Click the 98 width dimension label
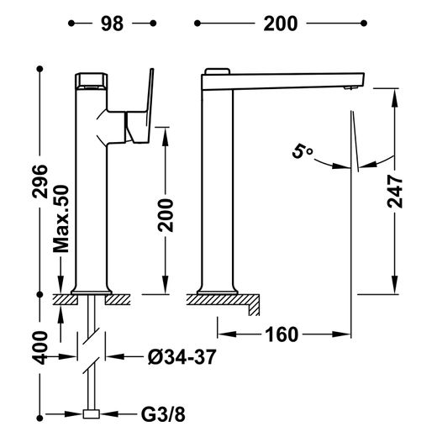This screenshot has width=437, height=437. pos(112,24)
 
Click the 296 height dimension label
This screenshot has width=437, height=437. pos(39,182)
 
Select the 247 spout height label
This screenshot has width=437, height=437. pos(394,192)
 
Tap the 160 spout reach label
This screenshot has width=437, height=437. pos(282,334)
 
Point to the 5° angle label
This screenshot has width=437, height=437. pos(302,152)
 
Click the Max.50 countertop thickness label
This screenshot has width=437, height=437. pos(61,218)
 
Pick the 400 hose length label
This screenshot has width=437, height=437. pos(39,348)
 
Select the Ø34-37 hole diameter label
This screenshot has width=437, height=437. pos(182,357)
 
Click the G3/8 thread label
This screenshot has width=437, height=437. pos(163,414)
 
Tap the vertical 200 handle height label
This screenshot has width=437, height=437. pos(166,215)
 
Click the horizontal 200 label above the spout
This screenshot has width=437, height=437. pos(281,24)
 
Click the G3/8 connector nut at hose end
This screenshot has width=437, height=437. pos(92,414)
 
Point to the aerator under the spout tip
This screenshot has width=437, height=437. pos(350,88)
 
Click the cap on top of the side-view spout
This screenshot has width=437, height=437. pos(218,71)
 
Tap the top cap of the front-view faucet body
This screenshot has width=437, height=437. pos(92,82)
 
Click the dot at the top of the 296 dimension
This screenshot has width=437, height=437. pos(39,69)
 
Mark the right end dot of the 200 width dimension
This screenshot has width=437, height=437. pos(364,24)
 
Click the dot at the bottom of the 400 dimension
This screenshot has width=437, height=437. pos(39,419)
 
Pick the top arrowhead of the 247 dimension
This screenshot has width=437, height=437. pos(394,97)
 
